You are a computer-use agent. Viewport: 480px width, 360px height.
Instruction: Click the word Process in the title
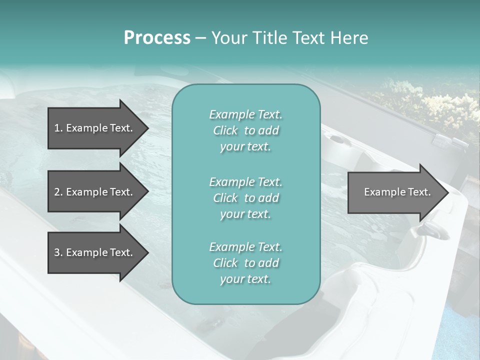(157, 38)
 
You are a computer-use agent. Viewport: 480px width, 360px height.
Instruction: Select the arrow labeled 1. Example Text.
(95, 128)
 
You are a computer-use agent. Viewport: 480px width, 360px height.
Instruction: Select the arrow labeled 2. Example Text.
(95, 192)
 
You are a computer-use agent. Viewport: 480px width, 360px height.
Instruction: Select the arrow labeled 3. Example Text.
(95, 252)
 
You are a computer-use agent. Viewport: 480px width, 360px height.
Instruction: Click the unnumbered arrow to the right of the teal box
(395, 192)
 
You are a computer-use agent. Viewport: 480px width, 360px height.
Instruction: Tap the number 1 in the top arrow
(57, 128)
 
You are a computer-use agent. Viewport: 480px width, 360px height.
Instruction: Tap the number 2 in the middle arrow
(57, 192)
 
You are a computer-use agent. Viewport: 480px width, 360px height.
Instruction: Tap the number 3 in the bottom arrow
(57, 252)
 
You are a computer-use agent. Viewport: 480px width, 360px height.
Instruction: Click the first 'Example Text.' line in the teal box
(245, 114)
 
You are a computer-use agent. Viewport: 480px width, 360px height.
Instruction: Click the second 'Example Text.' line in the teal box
(245, 181)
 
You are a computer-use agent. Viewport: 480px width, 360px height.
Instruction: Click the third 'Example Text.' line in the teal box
(245, 247)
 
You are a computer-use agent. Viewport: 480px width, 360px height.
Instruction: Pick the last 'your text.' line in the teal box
(245, 279)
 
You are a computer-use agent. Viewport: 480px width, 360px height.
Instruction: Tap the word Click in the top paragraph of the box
(225, 130)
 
